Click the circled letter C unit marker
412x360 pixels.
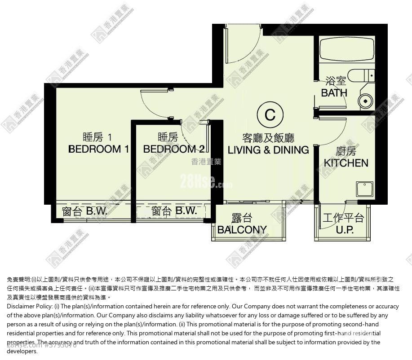270,115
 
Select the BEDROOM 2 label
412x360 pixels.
174,149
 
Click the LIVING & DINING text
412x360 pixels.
268,150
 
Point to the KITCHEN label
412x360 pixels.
346,162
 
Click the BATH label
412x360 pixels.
334,93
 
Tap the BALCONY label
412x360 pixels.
242,229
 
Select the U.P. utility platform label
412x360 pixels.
344,229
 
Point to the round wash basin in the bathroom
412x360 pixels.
366,101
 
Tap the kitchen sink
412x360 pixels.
364,189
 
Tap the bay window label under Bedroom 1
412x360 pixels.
84,211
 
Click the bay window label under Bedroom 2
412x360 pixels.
174,211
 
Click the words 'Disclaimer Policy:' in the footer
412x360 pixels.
30,306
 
